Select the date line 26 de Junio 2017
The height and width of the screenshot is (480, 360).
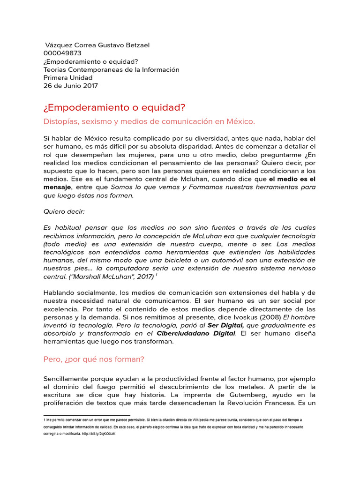coord(71,86)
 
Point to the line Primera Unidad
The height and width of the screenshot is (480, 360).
coord(68,78)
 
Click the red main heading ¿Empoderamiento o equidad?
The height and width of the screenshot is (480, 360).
coord(114,108)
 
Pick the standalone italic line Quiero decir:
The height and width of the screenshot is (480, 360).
coord(64,212)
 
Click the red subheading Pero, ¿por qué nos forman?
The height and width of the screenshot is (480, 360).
coord(94,359)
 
